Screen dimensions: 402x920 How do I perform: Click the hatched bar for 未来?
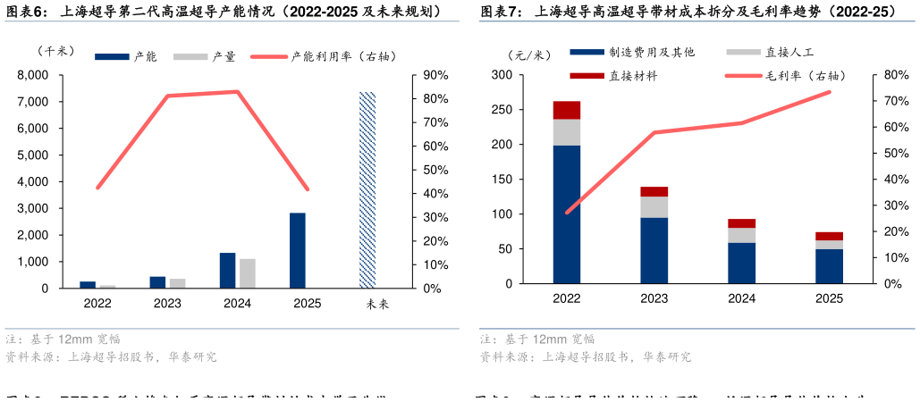pos(367,189)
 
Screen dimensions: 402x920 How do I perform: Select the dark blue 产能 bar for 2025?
pos(298,250)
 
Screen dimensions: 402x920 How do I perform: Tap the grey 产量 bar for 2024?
pos(247,273)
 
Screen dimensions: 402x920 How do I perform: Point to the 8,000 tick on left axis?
pos(33,75)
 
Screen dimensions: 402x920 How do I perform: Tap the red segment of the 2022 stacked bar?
pos(567,110)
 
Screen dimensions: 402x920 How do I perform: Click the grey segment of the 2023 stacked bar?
pos(654,206)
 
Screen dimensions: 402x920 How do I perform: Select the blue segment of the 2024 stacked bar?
pos(742,263)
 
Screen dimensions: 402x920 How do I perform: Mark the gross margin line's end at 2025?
pos(830,92)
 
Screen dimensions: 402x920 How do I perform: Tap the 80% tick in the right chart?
pos(896,75)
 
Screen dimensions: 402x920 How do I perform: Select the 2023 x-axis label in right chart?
pos(654,299)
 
